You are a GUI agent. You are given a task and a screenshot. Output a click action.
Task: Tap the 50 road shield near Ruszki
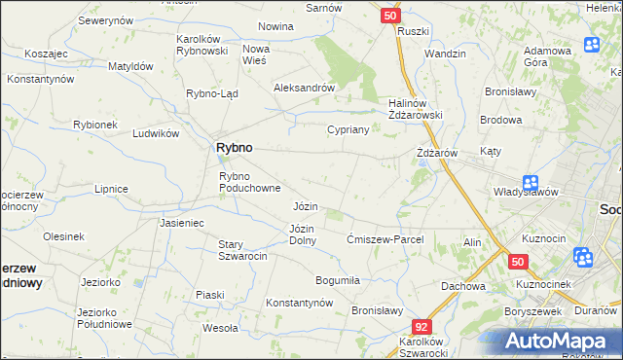point(389,16)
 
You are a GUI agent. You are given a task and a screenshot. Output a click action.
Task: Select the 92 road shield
point(421,328)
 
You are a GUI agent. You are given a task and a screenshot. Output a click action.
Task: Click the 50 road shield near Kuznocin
point(518,262)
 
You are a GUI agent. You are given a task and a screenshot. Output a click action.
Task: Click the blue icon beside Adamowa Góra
point(592,45)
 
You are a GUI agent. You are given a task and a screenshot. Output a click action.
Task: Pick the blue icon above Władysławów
point(530,182)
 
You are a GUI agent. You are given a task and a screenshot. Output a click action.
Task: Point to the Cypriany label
point(348,129)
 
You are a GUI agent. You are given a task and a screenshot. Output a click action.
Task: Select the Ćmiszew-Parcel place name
point(385,239)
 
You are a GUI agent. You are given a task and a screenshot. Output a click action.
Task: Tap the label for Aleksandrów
point(305,87)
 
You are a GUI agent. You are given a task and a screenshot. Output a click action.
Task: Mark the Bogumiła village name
point(338,280)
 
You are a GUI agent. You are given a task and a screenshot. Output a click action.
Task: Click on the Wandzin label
point(445,54)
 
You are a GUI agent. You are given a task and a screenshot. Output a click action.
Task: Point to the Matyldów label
point(130,66)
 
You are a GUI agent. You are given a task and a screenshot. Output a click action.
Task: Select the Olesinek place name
point(63,236)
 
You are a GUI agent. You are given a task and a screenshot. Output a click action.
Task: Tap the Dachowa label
point(462,286)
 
